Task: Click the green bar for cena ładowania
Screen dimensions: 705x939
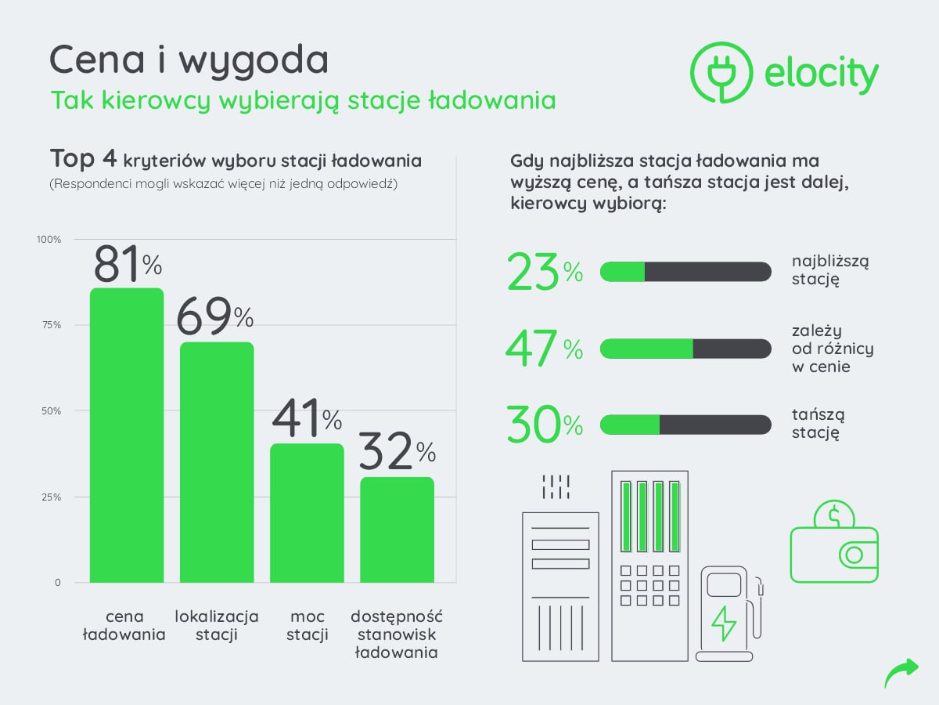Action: click(127, 436)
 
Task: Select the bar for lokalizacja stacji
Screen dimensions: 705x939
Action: click(217, 462)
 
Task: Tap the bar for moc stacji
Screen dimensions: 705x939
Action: click(307, 513)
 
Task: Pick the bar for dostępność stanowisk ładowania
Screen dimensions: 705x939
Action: click(397, 530)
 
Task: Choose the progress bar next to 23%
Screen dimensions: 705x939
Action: click(685, 272)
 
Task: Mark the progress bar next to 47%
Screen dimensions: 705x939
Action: click(685, 349)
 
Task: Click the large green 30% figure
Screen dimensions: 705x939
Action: click(545, 425)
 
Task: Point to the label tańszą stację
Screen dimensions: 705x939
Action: click(818, 424)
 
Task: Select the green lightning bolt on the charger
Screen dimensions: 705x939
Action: click(723, 623)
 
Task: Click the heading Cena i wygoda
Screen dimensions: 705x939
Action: click(189, 60)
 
